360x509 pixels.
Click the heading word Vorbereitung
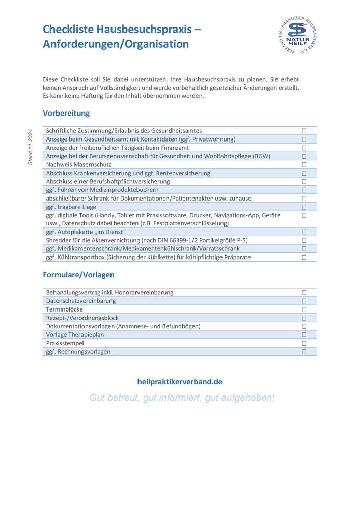click(66, 113)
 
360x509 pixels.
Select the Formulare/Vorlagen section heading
click(78, 275)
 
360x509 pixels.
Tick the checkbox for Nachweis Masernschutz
click(304, 164)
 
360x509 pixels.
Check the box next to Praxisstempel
click(304, 343)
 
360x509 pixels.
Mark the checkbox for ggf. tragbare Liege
click(304, 207)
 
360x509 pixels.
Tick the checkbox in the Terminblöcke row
click(304, 309)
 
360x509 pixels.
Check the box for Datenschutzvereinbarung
click(304, 301)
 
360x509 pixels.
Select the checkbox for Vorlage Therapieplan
click(304, 334)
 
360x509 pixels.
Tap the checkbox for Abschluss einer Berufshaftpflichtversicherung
click(304, 181)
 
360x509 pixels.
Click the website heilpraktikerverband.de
click(180, 381)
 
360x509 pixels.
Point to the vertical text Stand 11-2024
click(30, 146)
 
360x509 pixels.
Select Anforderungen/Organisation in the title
click(116, 44)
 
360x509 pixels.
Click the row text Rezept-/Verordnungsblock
click(82, 318)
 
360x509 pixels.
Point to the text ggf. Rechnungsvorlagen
click(78, 352)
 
